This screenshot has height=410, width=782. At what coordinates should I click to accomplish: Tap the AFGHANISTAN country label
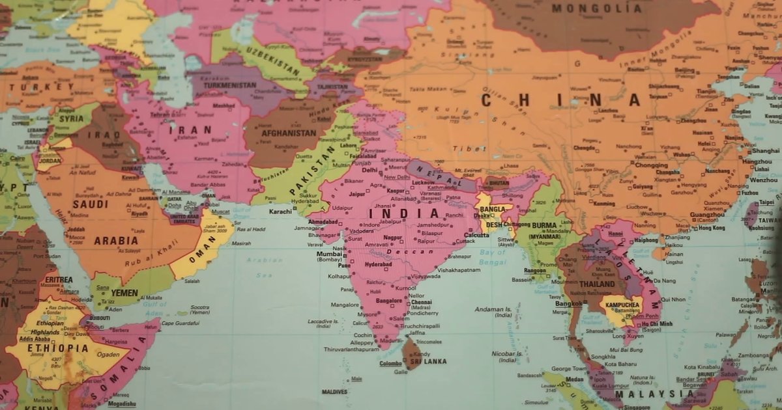289,133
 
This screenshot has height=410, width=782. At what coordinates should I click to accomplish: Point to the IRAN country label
190,130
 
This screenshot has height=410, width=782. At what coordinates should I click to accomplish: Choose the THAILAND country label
597,284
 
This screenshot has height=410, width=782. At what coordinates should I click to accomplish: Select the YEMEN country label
124,293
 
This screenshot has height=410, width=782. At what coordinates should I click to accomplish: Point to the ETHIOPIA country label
57,348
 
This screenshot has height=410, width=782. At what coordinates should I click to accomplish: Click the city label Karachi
280,212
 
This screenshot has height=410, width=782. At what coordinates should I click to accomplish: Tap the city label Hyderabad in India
378,265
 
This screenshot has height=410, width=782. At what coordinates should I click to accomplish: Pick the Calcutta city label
476,235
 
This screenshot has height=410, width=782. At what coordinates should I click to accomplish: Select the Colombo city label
391,363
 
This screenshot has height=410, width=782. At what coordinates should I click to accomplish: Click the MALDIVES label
334,392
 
